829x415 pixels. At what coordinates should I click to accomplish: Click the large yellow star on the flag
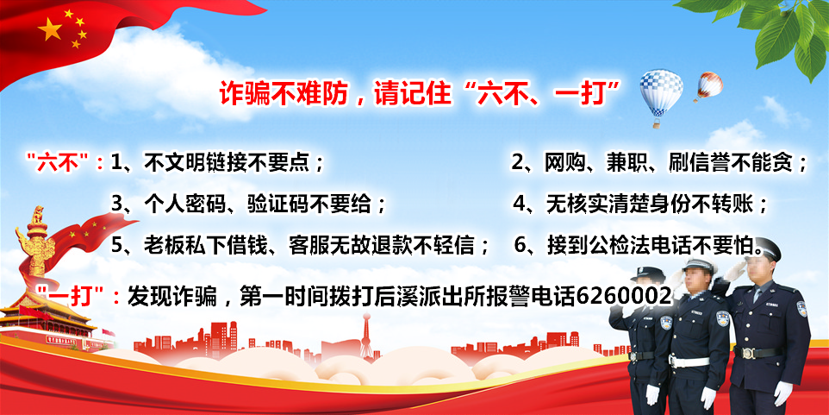(x=50, y=29)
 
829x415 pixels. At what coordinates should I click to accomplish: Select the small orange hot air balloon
(x=709, y=86)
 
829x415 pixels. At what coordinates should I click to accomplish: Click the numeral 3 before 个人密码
(x=117, y=204)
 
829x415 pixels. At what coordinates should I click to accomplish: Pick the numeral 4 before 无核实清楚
(x=520, y=204)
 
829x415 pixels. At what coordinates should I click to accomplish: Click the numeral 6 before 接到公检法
(x=520, y=246)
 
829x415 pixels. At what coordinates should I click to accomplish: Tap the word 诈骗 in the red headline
(x=240, y=94)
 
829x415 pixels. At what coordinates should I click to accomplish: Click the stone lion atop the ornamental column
(x=38, y=216)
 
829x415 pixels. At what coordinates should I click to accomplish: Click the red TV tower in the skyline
(x=366, y=336)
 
